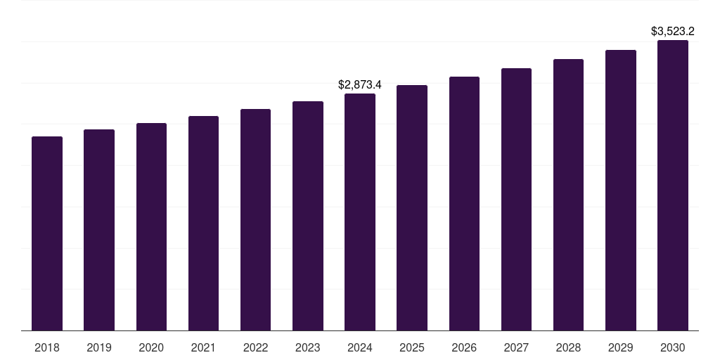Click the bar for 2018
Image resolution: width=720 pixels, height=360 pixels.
[47, 233]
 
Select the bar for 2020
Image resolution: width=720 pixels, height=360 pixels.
[151, 226]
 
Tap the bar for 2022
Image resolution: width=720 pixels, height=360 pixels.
[255, 219]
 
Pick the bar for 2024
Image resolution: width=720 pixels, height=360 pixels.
[360, 212]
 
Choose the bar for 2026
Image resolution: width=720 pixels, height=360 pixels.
[464, 203]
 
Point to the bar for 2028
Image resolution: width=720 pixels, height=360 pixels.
[568, 195]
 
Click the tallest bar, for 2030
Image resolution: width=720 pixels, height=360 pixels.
[673, 185]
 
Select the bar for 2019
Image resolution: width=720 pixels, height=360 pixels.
[99, 230]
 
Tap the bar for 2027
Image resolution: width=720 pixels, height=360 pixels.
[516, 199]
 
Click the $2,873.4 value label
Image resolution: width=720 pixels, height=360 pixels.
[360, 85]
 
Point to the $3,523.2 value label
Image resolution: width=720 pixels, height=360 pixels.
[673, 32]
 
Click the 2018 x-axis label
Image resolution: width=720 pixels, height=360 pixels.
[47, 347]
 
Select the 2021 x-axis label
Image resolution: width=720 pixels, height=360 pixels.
[203, 347]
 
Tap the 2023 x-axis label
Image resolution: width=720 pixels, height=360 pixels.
[308, 347]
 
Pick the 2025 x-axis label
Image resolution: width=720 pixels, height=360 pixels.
[412, 347]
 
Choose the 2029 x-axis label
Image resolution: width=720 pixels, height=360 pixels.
[621, 347]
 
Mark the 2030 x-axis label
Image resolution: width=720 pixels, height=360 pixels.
[673, 347]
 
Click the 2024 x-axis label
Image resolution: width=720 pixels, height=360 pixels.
[360, 347]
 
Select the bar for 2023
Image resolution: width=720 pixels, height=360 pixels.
[308, 216]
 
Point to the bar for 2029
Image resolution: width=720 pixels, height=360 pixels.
[621, 190]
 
